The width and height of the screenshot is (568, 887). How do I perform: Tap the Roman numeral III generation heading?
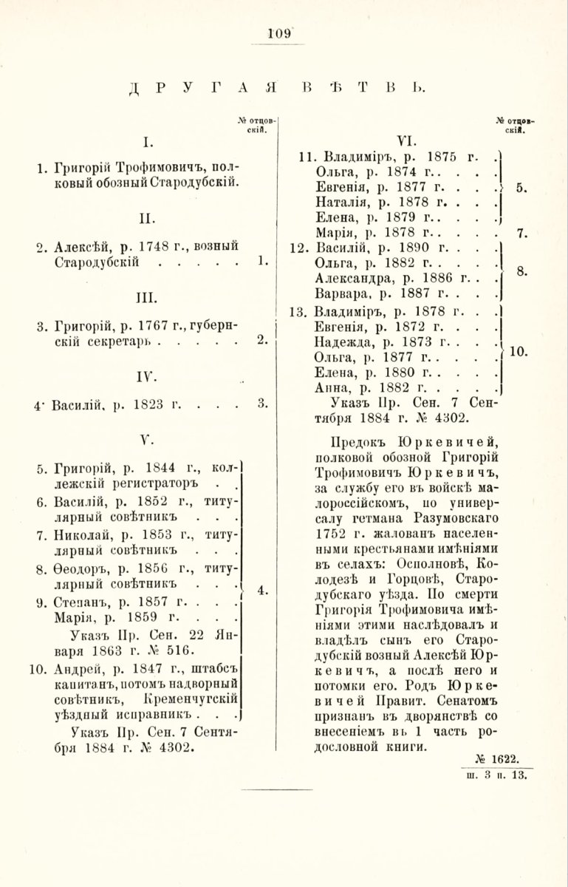click(x=146, y=296)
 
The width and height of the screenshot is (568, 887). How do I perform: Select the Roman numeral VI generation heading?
click(x=407, y=140)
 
